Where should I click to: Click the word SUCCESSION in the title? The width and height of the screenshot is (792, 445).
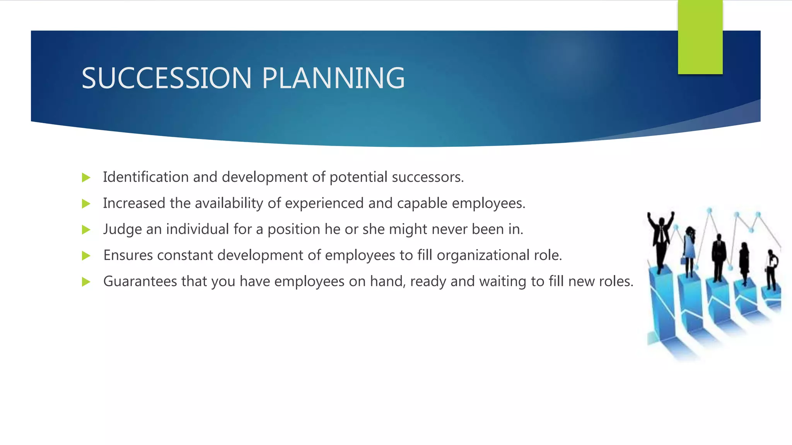(167, 78)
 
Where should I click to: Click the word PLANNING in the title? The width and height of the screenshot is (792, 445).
(333, 78)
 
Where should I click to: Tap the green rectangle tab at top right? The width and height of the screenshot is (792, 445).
(700, 37)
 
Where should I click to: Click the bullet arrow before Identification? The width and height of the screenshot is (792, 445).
(86, 178)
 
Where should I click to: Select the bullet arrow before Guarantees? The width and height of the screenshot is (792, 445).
(86, 282)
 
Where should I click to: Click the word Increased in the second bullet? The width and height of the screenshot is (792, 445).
(134, 203)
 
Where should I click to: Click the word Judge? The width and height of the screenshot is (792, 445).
(122, 229)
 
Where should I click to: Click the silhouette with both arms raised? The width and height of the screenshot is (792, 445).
(661, 239)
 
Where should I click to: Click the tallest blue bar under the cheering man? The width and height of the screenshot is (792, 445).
(662, 305)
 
